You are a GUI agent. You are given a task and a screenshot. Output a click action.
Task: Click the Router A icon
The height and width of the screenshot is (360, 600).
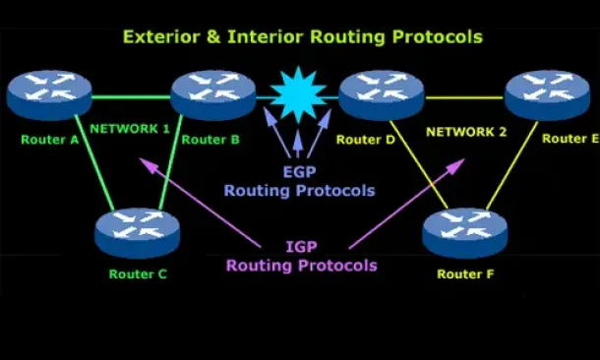coord(49,94)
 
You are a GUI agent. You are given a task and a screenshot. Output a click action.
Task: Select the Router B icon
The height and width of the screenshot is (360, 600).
coord(213,94)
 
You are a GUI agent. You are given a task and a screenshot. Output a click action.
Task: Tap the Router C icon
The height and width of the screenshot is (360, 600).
coord(138,233)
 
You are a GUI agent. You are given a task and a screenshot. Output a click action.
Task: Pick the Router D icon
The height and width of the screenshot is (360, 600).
coord(382,94)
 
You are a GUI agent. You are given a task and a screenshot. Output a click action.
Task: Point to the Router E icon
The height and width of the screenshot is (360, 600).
coord(548,94)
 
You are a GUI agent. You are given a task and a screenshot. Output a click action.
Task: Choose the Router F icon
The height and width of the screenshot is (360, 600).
coord(465,233)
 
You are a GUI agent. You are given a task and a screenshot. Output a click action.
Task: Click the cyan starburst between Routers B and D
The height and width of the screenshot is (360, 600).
coord(298,94)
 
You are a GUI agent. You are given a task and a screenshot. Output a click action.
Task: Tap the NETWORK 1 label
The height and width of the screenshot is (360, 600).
coord(130,129)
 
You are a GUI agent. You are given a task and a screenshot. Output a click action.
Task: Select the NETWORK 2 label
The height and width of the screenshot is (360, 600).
coord(466,132)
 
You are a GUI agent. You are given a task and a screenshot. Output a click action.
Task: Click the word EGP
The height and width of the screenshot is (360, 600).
coord(299,172)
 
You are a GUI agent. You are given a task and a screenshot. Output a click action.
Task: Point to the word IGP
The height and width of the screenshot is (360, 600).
coord(302,247)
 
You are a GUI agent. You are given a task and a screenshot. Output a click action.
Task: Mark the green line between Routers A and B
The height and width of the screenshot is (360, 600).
coord(131,97)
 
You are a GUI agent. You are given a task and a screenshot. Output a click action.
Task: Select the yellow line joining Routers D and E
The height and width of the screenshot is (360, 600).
coord(464,97)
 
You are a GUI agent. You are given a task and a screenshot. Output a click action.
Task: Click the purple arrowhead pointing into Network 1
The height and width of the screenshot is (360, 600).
coord(148,165)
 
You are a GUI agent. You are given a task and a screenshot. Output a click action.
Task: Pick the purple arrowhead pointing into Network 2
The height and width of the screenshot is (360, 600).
coord(455,166)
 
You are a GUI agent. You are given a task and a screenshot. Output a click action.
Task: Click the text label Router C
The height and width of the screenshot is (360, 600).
coord(138,274)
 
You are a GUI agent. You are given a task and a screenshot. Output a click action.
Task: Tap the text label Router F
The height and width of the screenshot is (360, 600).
coord(465,274)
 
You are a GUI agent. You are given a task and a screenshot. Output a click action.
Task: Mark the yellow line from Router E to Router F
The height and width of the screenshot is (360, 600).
coord(512,165)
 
